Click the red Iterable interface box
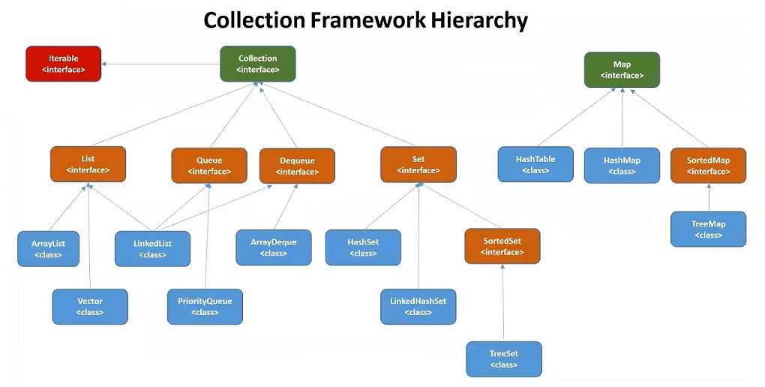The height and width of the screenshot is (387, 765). click(63, 64)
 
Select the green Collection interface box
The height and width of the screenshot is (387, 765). click(257, 64)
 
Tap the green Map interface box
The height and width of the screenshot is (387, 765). click(622, 70)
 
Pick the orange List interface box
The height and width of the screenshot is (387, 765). click(88, 164)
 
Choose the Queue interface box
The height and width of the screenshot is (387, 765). click(208, 165)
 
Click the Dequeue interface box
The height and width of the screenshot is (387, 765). click(297, 166)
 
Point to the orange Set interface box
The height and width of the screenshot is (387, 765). click(418, 164)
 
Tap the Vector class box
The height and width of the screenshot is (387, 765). click(90, 306)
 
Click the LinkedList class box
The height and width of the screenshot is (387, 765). click(152, 248)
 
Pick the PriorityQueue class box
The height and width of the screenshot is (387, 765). click(205, 306)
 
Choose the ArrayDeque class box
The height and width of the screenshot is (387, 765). click(273, 247)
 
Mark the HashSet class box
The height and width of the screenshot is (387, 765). click(362, 247)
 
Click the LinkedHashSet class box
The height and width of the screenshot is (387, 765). click(418, 306)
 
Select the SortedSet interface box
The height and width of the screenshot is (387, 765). click(502, 247)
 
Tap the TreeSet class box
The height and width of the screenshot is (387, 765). click(503, 358)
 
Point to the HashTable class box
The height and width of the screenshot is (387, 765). click(535, 164)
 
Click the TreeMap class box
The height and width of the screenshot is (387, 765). click(708, 229)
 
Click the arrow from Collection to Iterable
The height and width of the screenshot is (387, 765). click(160, 64)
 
